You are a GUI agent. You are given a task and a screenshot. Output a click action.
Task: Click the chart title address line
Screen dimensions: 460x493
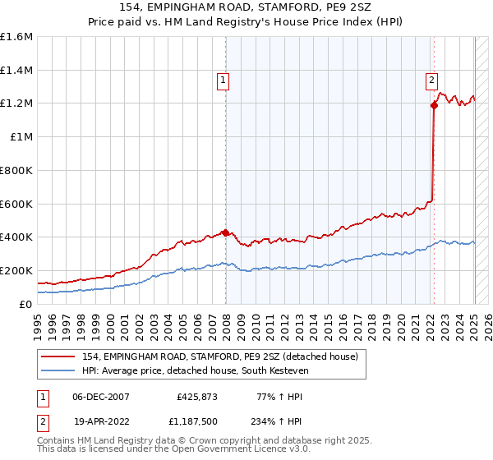click(x=246, y=7)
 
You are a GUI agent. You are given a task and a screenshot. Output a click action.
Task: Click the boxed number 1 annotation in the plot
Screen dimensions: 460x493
click(x=223, y=80)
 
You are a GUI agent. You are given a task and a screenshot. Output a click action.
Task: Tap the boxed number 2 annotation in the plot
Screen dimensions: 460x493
click(x=431, y=80)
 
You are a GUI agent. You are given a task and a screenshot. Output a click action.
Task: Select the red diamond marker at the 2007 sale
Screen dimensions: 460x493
click(x=225, y=232)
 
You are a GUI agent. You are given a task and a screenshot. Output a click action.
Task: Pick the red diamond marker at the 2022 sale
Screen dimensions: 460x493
click(x=433, y=105)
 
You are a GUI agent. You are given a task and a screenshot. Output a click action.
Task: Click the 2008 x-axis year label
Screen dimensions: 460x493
click(x=227, y=325)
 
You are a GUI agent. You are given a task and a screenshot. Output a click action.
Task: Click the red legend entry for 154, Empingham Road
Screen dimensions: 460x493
click(x=219, y=356)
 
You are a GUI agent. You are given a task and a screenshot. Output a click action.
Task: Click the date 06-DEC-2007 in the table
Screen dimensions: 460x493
click(x=101, y=396)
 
